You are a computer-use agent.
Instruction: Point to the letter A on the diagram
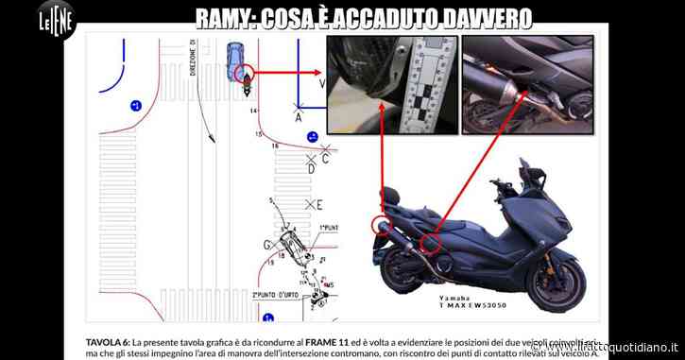(x=299, y=119)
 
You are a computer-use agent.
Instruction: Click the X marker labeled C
(x=325, y=150)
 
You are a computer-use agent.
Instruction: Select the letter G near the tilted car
(x=267, y=243)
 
